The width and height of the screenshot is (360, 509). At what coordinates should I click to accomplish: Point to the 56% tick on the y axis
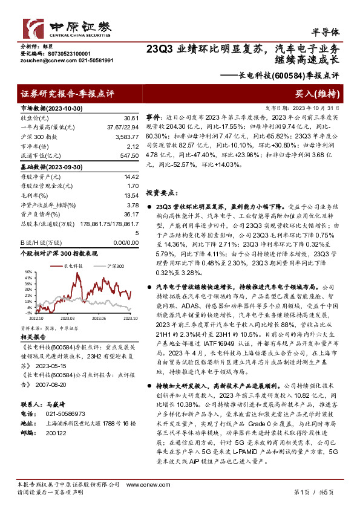[28, 272]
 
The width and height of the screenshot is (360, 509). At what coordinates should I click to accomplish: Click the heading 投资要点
[162, 192]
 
